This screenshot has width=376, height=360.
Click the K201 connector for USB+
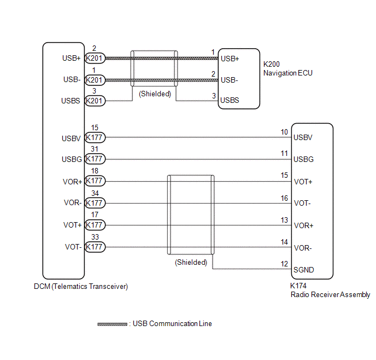click(95, 59)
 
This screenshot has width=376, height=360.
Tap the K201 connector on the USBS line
click(95, 101)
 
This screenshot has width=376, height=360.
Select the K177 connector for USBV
click(95, 138)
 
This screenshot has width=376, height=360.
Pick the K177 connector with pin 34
click(95, 203)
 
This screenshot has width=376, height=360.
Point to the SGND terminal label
click(304, 270)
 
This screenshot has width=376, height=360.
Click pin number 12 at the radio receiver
click(284, 264)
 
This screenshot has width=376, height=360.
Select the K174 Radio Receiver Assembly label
click(330, 291)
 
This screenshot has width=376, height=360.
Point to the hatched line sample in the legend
click(113, 324)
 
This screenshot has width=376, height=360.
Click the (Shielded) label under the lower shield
click(191, 262)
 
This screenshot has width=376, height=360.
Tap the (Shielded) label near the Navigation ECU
click(155, 94)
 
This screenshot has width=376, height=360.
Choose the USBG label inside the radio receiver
click(303, 159)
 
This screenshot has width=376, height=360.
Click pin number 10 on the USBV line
click(284, 132)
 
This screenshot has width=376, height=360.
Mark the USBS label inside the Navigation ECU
click(230, 101)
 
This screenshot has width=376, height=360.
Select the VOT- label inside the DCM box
click(73, 247)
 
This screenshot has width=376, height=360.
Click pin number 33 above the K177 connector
click(95, 237)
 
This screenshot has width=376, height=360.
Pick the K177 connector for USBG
click(95, 159)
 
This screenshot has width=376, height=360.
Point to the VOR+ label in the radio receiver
click(304, 225)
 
